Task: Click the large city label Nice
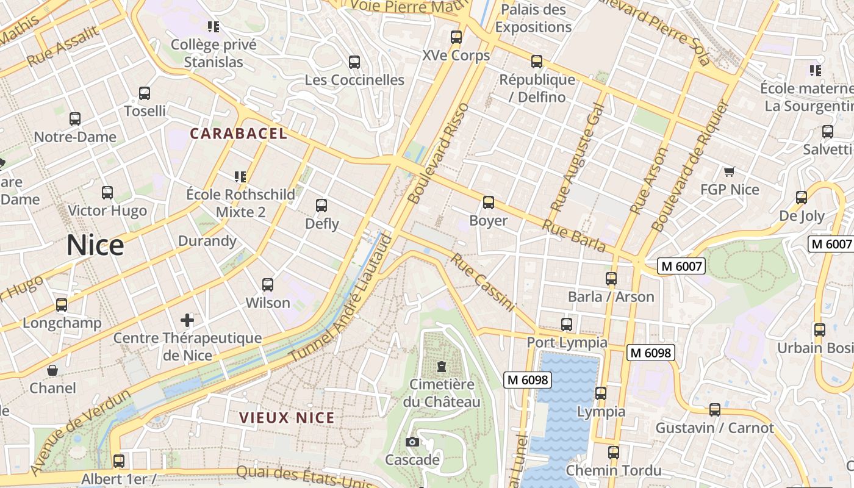pos(95,245)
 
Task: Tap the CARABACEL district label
pos(238,134)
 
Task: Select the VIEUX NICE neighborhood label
pos(287,418)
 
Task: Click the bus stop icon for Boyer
pos(488,203)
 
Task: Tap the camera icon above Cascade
pos(412,442)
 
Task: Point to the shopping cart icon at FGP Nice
pos(730,172)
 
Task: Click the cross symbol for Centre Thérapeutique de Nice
pos(187,320)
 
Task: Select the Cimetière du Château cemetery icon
pos(441,367)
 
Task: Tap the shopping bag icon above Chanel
pos(53,370)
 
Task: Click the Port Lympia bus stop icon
pos(567,325)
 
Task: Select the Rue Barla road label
pos(573,236)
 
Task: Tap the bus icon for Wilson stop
pos(268,285)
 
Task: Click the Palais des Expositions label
pos(533,18)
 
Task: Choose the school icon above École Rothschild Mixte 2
pos(240,177)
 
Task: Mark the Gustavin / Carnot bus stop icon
pos(714,410)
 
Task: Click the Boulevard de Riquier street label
pos(690,167)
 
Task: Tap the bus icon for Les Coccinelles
pos(354,62)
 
